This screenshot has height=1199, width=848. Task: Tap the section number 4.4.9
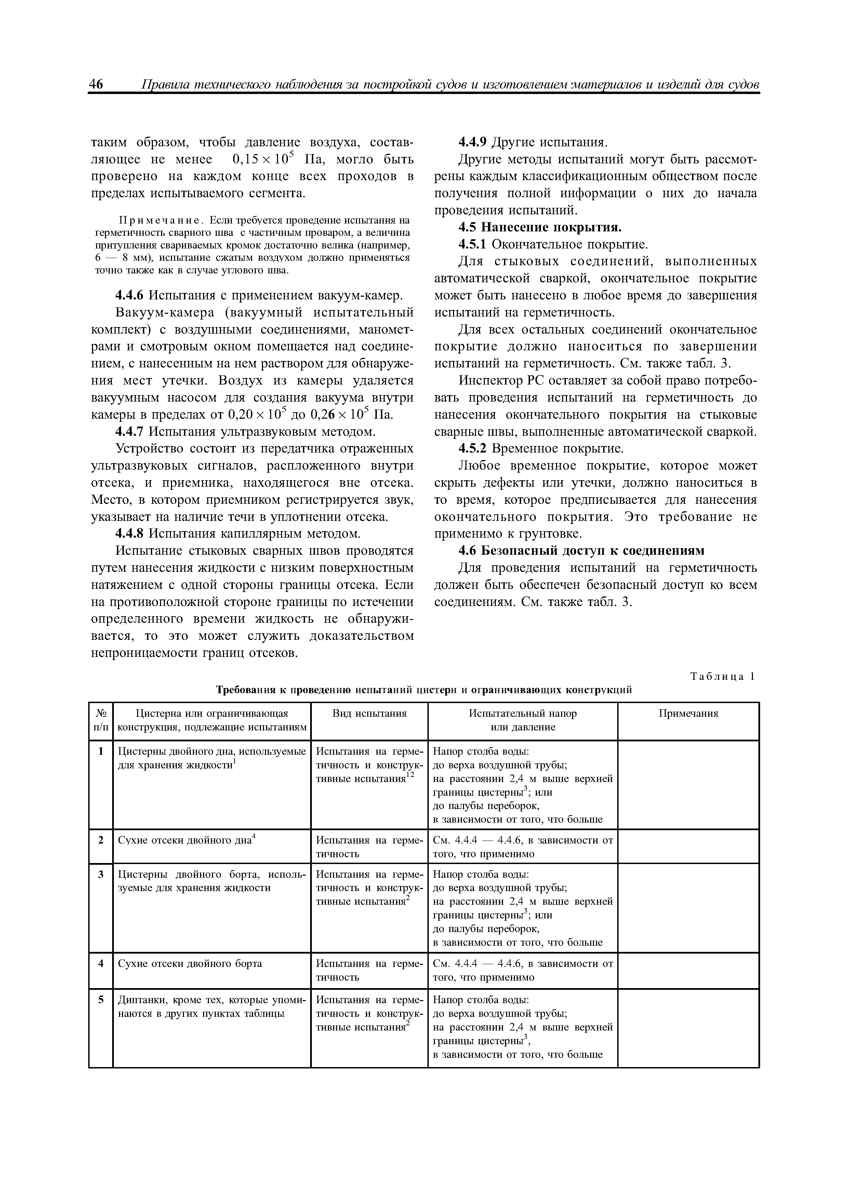(x=472, y=142)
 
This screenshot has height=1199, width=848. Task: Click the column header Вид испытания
(x=369, y=713)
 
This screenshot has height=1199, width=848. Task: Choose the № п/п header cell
(x=101, y=720)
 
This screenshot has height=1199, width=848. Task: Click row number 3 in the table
(x=101, y=874)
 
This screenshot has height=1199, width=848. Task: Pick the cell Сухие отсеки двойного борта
(x=190, y=964)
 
